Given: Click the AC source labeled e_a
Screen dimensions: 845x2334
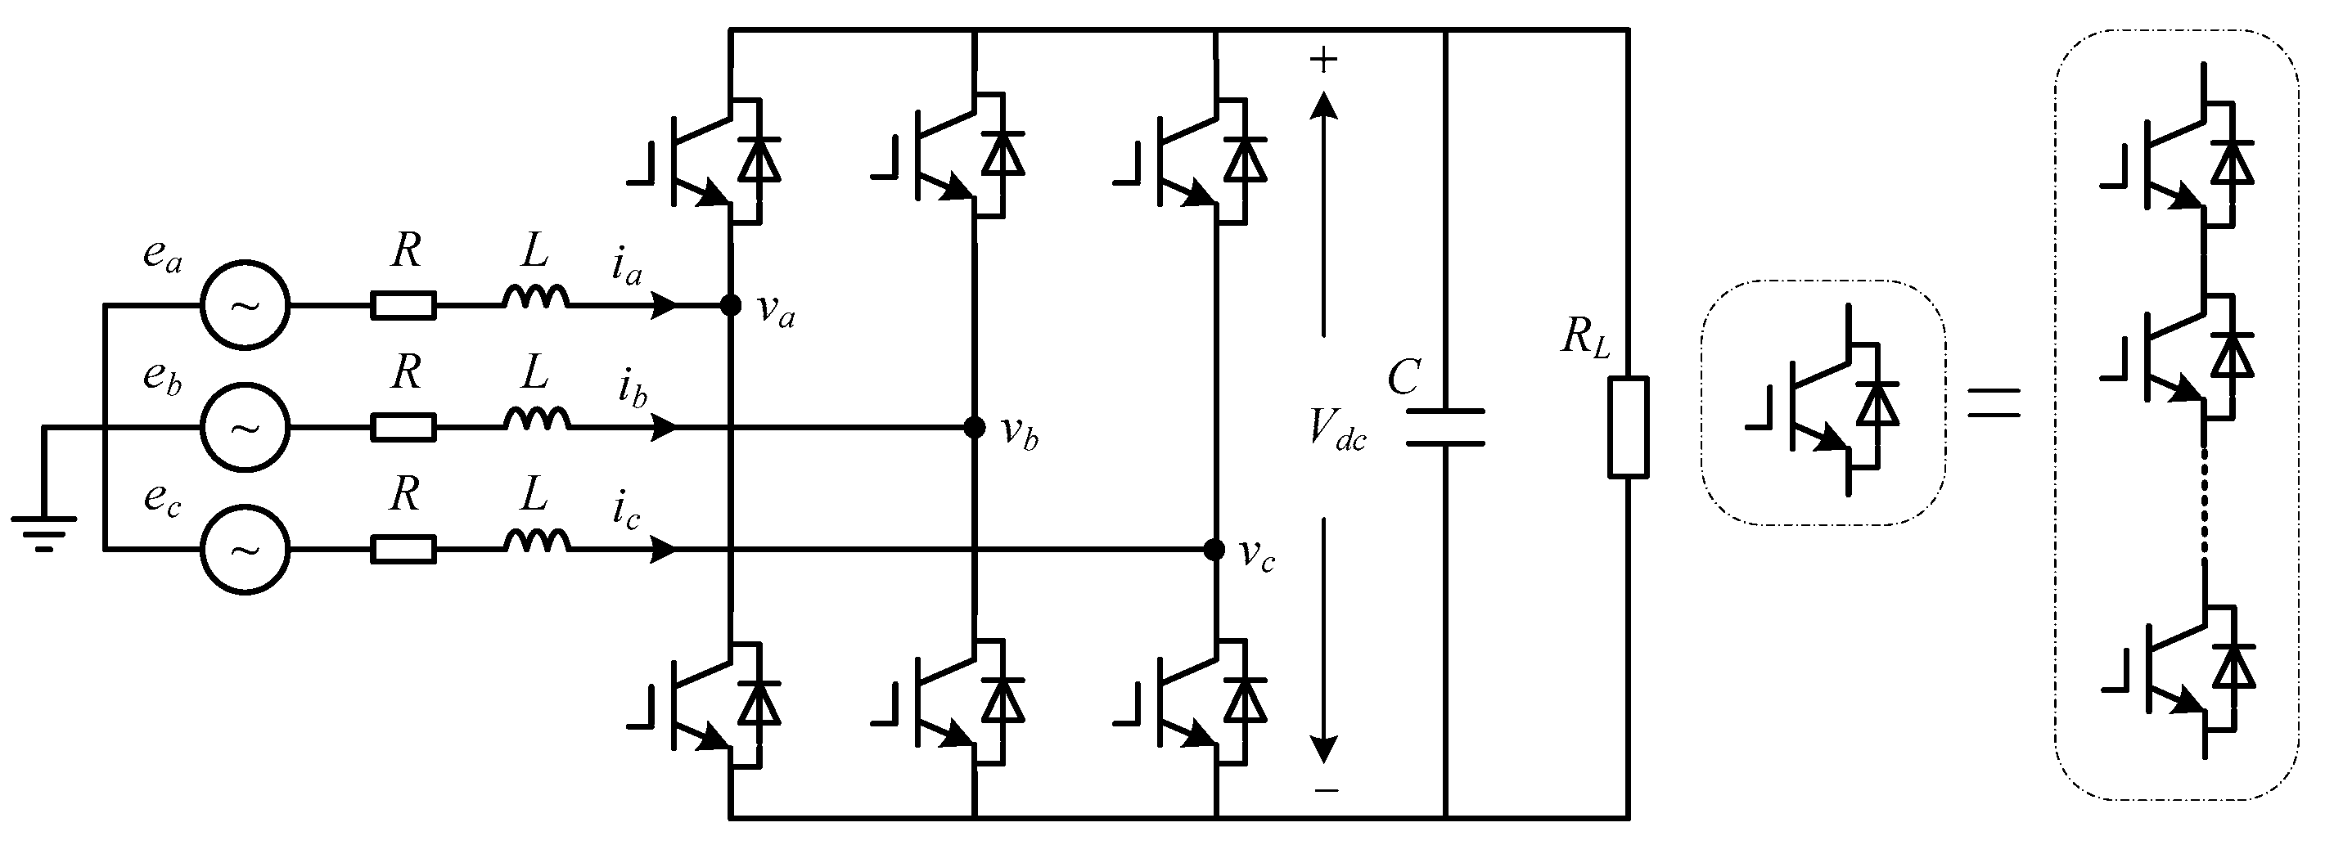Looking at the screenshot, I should coord(245,305).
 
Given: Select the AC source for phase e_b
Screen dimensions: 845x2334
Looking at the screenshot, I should coord(245,426).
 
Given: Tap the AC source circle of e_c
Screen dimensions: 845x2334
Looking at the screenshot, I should coord(245,550).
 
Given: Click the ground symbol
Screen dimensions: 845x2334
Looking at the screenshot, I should coord(43,530).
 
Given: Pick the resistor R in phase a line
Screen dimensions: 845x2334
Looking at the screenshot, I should coord(403,305).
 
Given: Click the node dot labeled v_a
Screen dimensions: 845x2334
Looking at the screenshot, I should coord(730,305).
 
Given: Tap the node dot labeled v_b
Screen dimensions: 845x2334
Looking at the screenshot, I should coord(974,426).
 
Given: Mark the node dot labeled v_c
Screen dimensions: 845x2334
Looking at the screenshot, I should coord(1214,550).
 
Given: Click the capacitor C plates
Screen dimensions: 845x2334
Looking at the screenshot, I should coord(1445,428).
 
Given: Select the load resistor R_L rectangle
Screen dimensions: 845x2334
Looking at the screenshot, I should coord(1629,428).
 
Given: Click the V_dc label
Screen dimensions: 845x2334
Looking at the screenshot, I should coord(1336,429).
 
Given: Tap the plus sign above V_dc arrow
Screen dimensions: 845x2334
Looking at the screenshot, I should coord(1324,61).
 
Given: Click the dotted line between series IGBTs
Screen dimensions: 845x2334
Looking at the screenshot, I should coord(2204,502).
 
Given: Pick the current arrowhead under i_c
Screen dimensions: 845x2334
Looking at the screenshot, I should coord(665,550).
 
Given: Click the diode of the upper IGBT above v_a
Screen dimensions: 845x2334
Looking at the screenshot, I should coord(759,160).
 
